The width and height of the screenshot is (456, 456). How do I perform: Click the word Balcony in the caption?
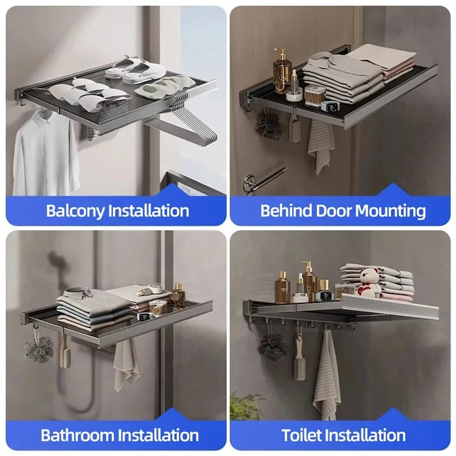pyautogui.click(x=75, y=210)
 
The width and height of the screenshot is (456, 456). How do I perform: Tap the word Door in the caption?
pyautogui.click(x=334, y=210)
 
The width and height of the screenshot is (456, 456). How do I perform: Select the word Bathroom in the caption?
pyautogui.click(x=79, y=435)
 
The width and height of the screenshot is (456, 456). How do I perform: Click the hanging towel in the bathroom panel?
pyautogui.click(x=126, y=365)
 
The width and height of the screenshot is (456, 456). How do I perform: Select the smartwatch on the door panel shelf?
pyautogui.click(x=330, y=107)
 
